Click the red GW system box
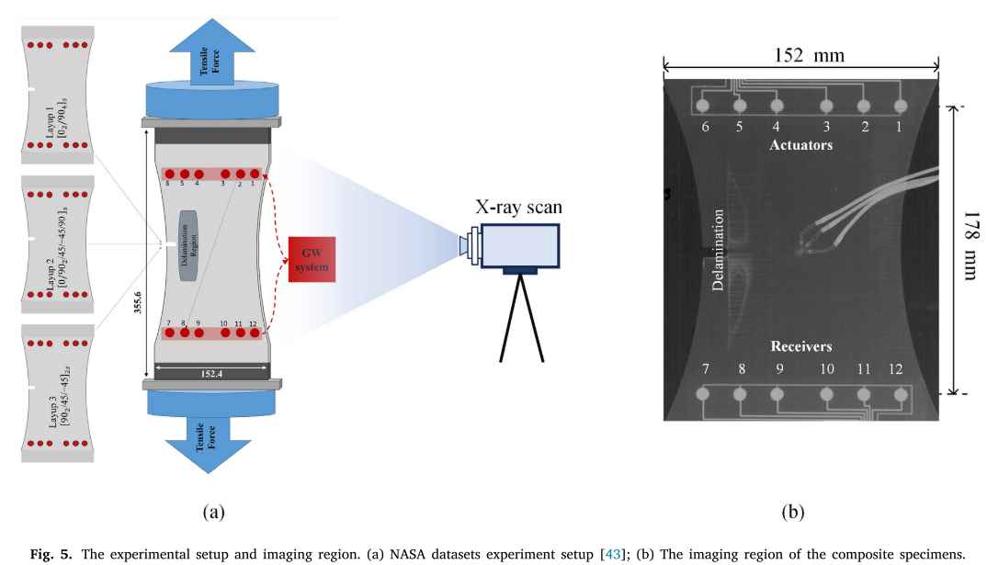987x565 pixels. coord(312,259)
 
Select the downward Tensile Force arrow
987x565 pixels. coord(209,443)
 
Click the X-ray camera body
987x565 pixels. coord(519,246)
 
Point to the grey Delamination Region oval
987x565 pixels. coord(188,245)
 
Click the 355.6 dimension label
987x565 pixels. coord(138,302)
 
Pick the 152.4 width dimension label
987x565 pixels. coord(211,374)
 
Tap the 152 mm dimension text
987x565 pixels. coord(809,55)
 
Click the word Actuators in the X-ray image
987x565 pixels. coord(800,145)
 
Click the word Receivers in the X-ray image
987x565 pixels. coord(801,346)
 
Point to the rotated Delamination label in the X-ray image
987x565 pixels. coord(718,250)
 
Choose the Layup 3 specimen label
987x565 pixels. coord(58,397)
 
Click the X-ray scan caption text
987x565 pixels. coord(518,207)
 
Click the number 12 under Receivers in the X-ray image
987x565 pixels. coord(895,369)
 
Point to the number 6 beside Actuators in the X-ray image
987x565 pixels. coord(705,127)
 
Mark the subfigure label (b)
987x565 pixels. coord(792,512)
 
